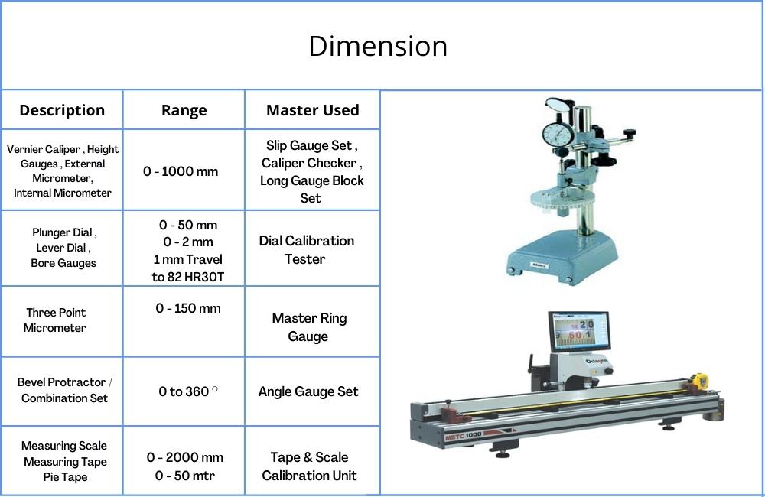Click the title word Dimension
[378, 47]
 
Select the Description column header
[62, 110]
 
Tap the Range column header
[184, 111]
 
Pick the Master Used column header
[313, 110]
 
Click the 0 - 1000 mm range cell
[181, 172]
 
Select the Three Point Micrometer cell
[56, 320]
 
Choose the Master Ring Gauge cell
[309, 326]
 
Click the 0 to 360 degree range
[188, 391]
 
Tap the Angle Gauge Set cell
[308, 391]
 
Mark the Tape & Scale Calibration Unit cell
[309, 466]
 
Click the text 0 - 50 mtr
[185, 476]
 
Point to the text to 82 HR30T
[188, 277]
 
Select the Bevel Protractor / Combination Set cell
[64, 390]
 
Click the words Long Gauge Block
[312, 180]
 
